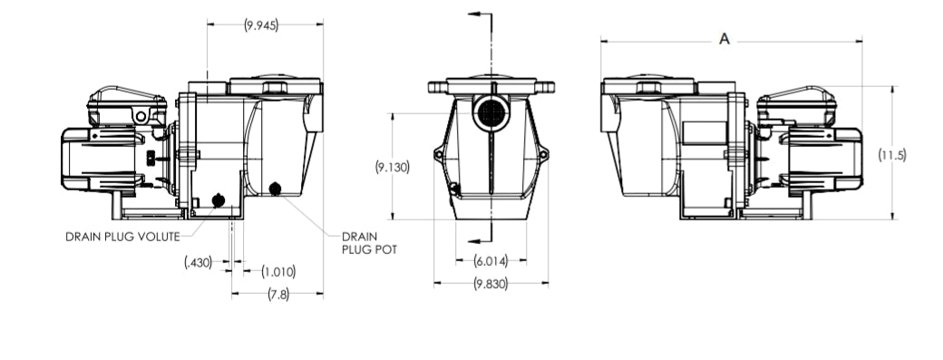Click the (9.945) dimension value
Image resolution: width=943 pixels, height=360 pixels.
tap(261, 24)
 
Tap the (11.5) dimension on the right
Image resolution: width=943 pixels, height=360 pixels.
tap(892, 155)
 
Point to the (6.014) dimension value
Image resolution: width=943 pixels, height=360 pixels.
tap(491, 261)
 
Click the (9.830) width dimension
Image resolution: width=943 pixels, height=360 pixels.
tap(491, 284)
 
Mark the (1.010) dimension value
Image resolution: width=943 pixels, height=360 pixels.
tap(278, 271)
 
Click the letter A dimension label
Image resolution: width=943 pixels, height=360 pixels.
tap(724, 38)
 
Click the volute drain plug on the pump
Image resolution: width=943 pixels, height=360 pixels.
tap(218, 200)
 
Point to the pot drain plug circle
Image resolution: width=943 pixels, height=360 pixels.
tap(275, 189)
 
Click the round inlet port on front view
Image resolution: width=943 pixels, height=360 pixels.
tap(490, 112)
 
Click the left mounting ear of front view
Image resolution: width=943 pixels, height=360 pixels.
tap(440, 153)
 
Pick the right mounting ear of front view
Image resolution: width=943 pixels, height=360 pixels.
tap(542, 153)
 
